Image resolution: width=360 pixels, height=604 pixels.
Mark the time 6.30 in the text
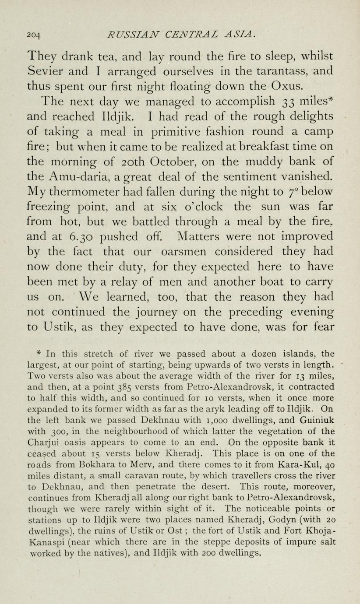(80, 236)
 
